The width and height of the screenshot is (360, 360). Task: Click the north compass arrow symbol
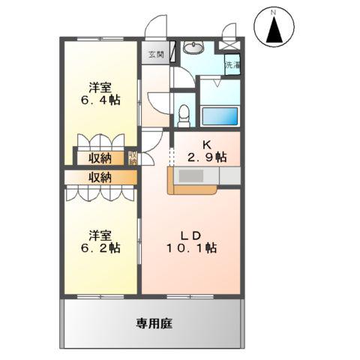tap(274, 31)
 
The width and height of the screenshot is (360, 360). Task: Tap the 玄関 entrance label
tap(155, 54)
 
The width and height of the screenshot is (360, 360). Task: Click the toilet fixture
tap(184, 112)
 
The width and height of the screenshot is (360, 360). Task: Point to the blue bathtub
tap(220, 116)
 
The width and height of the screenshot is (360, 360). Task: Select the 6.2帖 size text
tap(100, 247)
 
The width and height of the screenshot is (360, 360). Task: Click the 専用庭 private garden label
tap(154, 324)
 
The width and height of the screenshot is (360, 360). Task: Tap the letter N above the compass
tap(274, 12)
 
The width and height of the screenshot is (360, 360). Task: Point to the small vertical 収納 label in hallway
tap(133, 158)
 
